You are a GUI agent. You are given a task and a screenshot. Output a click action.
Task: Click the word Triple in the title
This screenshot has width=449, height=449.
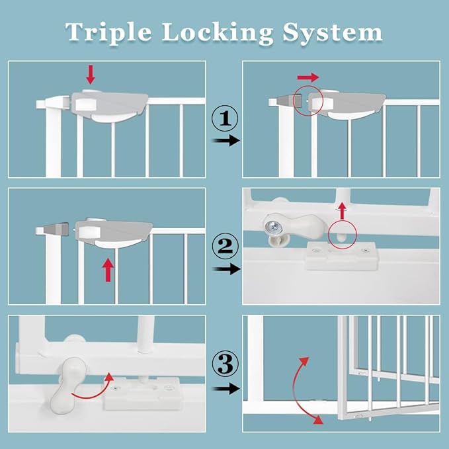[105, 32]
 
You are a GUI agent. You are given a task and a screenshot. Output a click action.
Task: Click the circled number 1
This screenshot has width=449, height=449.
[225, 120]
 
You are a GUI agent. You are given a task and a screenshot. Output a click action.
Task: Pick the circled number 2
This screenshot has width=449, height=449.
[225, 247]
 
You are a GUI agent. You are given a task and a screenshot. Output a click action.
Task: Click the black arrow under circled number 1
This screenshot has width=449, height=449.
[225, 142]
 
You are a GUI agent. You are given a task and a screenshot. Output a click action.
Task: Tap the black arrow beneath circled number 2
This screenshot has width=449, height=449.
[225, 269]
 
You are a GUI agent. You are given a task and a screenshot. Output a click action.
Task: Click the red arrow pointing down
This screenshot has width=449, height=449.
[90, 74]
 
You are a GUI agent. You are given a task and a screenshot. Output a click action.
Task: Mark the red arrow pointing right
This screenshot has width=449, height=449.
[308, 77]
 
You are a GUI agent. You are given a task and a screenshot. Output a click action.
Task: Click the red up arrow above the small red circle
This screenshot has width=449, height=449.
[342, 211]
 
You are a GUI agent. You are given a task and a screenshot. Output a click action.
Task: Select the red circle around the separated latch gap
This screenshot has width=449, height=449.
[308, 99]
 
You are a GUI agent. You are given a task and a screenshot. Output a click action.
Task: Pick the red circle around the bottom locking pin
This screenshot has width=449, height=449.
[342, 234]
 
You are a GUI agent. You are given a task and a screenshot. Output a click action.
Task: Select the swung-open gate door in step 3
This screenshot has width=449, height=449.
[387, 360]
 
